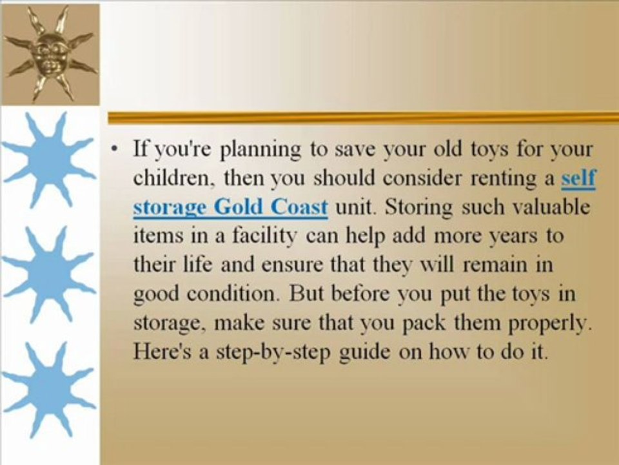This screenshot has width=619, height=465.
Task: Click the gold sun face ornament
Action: point(50,52)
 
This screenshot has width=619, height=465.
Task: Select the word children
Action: point(170,180)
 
